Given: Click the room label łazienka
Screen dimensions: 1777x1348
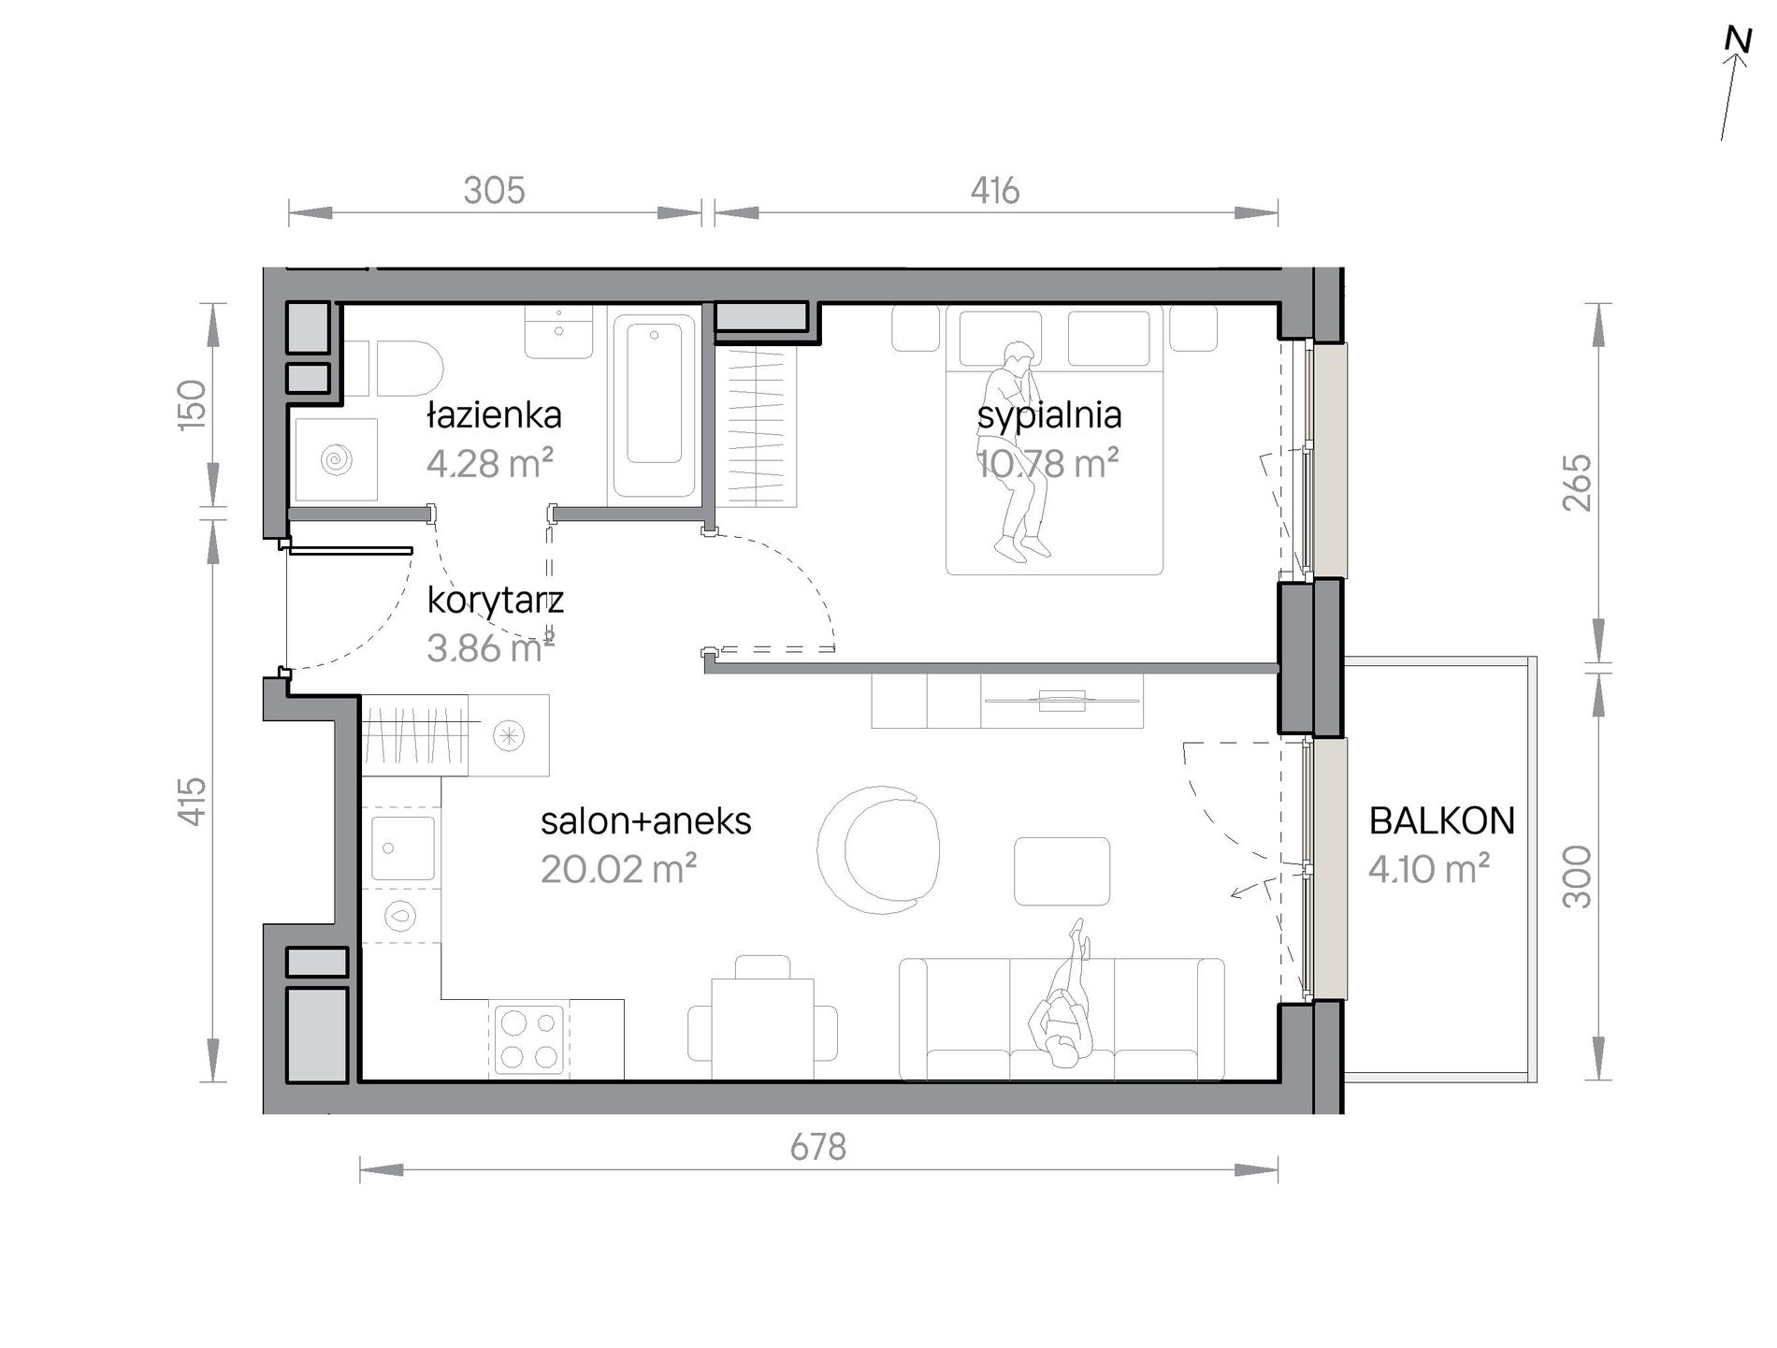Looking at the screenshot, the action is coord(494,414).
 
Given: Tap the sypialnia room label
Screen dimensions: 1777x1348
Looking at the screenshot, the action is coord(1048,416).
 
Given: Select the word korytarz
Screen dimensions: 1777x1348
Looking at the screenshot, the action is coord(495,600).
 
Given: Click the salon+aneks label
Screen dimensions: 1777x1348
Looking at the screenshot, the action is coord(645,821).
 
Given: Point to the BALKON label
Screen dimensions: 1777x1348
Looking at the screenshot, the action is coord(1441,820).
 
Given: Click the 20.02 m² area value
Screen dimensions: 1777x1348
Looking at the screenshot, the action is coord(618,869).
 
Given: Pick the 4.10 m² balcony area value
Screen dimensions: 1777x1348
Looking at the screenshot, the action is coord(1428,869).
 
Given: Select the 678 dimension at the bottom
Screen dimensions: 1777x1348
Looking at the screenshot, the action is coord(817,1147).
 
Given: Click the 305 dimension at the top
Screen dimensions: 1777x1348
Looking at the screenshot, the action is coord(494,191).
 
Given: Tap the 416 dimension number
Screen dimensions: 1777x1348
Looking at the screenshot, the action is coord(994,191).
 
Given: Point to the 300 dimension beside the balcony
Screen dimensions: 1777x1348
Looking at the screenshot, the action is coord(1577,877).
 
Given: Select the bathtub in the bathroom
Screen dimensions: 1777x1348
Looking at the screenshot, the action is coord(655,405).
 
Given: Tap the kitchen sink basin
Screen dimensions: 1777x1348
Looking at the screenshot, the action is coord(403,848).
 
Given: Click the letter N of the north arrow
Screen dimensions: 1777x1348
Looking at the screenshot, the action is coord(1739,40).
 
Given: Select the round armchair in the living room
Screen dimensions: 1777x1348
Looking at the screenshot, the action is coord(878,848).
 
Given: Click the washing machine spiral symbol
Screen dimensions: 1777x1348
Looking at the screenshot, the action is coord(336,459).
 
